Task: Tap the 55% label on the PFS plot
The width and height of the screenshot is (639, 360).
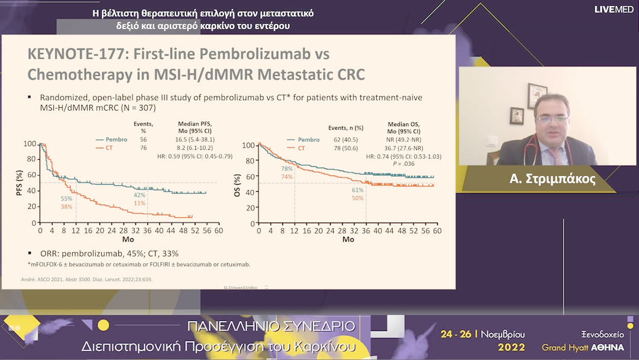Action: (x=66, y=198)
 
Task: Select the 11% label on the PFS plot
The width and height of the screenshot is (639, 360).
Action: (x=140, y=203)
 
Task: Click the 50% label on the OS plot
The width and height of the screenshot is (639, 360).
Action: (x=357, y=198)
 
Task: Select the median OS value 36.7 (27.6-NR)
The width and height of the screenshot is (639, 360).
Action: (x=409, y=149)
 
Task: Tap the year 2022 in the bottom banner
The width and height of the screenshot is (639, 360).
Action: (x=511, y=347)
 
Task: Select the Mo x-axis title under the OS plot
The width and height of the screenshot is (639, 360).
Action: (x=348, y=239)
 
